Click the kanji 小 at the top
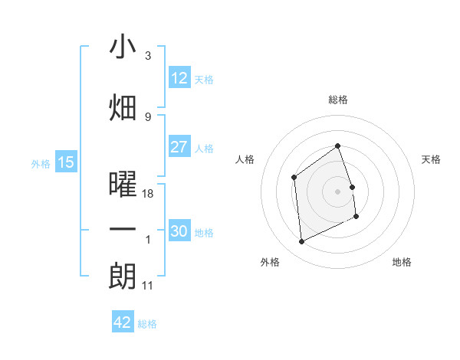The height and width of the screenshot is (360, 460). point(123,47)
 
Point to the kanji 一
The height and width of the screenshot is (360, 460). point(123,230)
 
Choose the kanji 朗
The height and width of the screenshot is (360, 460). point(123,277)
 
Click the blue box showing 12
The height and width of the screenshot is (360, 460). point(179,78)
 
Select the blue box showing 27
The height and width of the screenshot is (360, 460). point(179,147)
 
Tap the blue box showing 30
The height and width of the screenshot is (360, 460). point(179,231)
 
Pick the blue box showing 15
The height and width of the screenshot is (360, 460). point(66,162)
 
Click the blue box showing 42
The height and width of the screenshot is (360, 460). point(123,322)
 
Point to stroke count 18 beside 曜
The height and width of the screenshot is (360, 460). point(149,194)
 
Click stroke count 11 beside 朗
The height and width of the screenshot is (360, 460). point(149,286)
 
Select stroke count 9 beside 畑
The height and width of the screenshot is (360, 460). point(148,116)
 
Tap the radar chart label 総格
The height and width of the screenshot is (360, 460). point(338,100)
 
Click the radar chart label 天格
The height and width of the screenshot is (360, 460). point(432,159)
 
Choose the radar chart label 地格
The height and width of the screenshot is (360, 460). point(402,262)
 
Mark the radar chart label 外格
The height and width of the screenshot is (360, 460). point(270,262)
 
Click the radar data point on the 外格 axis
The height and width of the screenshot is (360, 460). point(301,242)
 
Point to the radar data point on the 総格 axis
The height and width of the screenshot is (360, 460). point(337,146)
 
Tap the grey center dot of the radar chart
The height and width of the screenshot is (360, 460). point(337,191)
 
